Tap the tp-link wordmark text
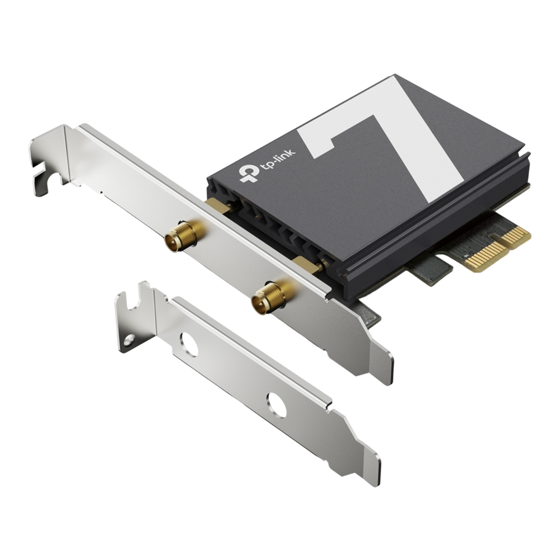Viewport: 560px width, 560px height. (x=278, y=159)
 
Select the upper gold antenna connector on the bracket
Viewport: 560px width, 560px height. (x=181, y=235)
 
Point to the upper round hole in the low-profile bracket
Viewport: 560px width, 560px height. (x=189, y=344)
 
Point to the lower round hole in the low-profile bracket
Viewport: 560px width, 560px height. (x=277, y=405)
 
